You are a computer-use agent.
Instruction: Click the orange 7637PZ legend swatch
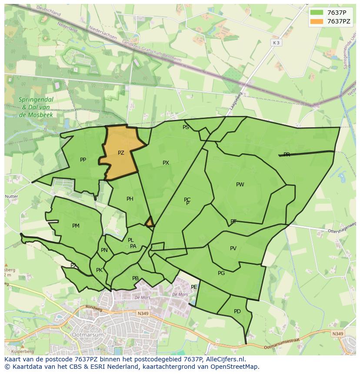317,21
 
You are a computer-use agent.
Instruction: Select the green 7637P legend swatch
317,12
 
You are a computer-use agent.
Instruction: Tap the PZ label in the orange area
121,153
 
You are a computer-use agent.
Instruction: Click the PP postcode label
83,160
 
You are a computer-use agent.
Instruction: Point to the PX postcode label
166,163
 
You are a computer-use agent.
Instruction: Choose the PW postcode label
240,185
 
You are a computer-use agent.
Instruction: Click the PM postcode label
76,226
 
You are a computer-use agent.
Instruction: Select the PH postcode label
130,199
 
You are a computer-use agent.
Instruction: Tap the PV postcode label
233,248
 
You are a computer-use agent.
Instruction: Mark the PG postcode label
221,273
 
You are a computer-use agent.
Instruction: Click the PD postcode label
237,311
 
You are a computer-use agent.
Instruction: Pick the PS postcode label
186,127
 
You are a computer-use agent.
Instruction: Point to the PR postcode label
287,155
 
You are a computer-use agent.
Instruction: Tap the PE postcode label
194,287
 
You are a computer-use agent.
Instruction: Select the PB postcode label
135,278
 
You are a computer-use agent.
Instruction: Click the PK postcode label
99,270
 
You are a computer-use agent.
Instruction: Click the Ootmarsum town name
88,335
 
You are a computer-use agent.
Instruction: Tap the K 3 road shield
276,43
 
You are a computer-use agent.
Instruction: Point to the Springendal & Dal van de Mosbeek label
36,107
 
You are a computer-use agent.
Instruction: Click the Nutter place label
11,196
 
